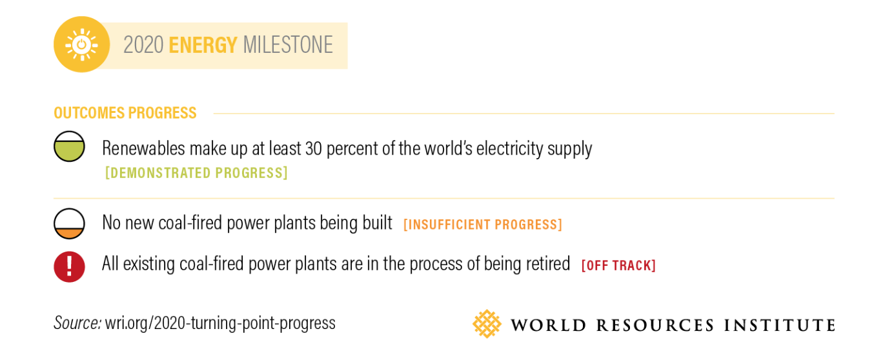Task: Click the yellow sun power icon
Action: point(81,45)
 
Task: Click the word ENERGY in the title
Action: point(203,45)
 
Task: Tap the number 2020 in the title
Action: point(143,45)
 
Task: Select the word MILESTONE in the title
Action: point(288,45)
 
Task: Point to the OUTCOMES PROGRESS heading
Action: point(125,113)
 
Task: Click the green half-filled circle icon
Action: point(69,146)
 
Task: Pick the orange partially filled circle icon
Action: point(69,224)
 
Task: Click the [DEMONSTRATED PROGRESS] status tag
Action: point(196,173)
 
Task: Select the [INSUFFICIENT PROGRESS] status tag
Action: point(483,225)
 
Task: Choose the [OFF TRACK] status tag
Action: point(618,266)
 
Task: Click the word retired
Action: point(549,263)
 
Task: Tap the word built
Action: point(377,223)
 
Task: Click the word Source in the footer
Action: point(77,323)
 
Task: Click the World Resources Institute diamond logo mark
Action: point(487,323)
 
